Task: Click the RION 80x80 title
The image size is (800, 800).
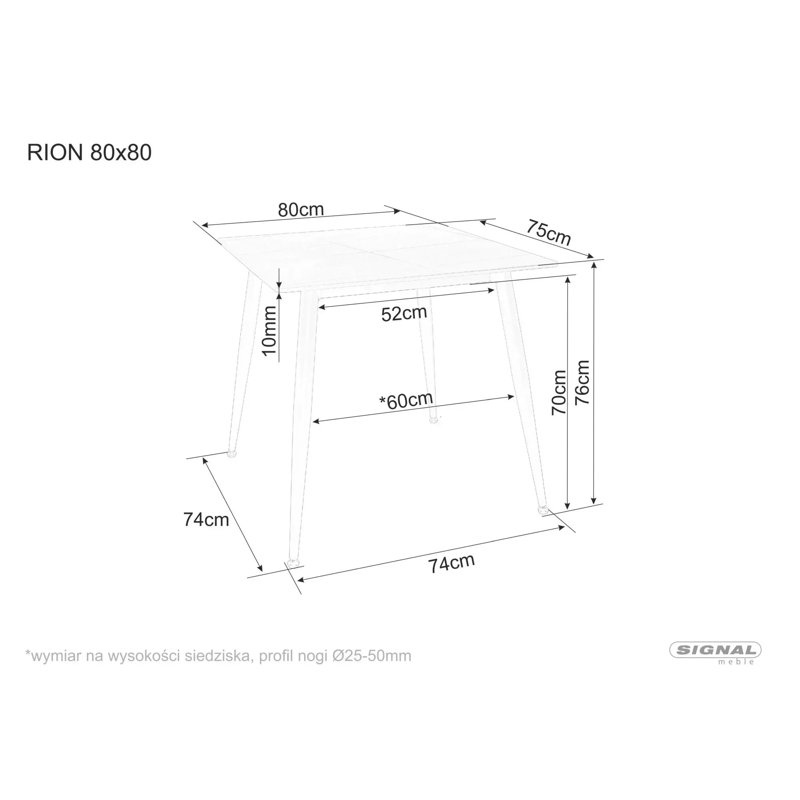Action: coord(90,153)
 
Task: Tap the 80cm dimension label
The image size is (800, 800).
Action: coord(301,210)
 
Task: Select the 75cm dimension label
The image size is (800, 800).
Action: coord(549,233)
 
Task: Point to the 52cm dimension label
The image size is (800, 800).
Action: coord(404,314)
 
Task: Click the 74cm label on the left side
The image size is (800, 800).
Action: coord(206,520)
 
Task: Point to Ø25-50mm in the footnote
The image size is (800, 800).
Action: coord(372,656)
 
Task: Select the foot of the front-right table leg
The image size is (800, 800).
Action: coord(542,509)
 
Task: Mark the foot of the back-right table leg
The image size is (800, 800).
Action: coord(434,420)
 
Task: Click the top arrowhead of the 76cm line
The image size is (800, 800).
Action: coord(595,264)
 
